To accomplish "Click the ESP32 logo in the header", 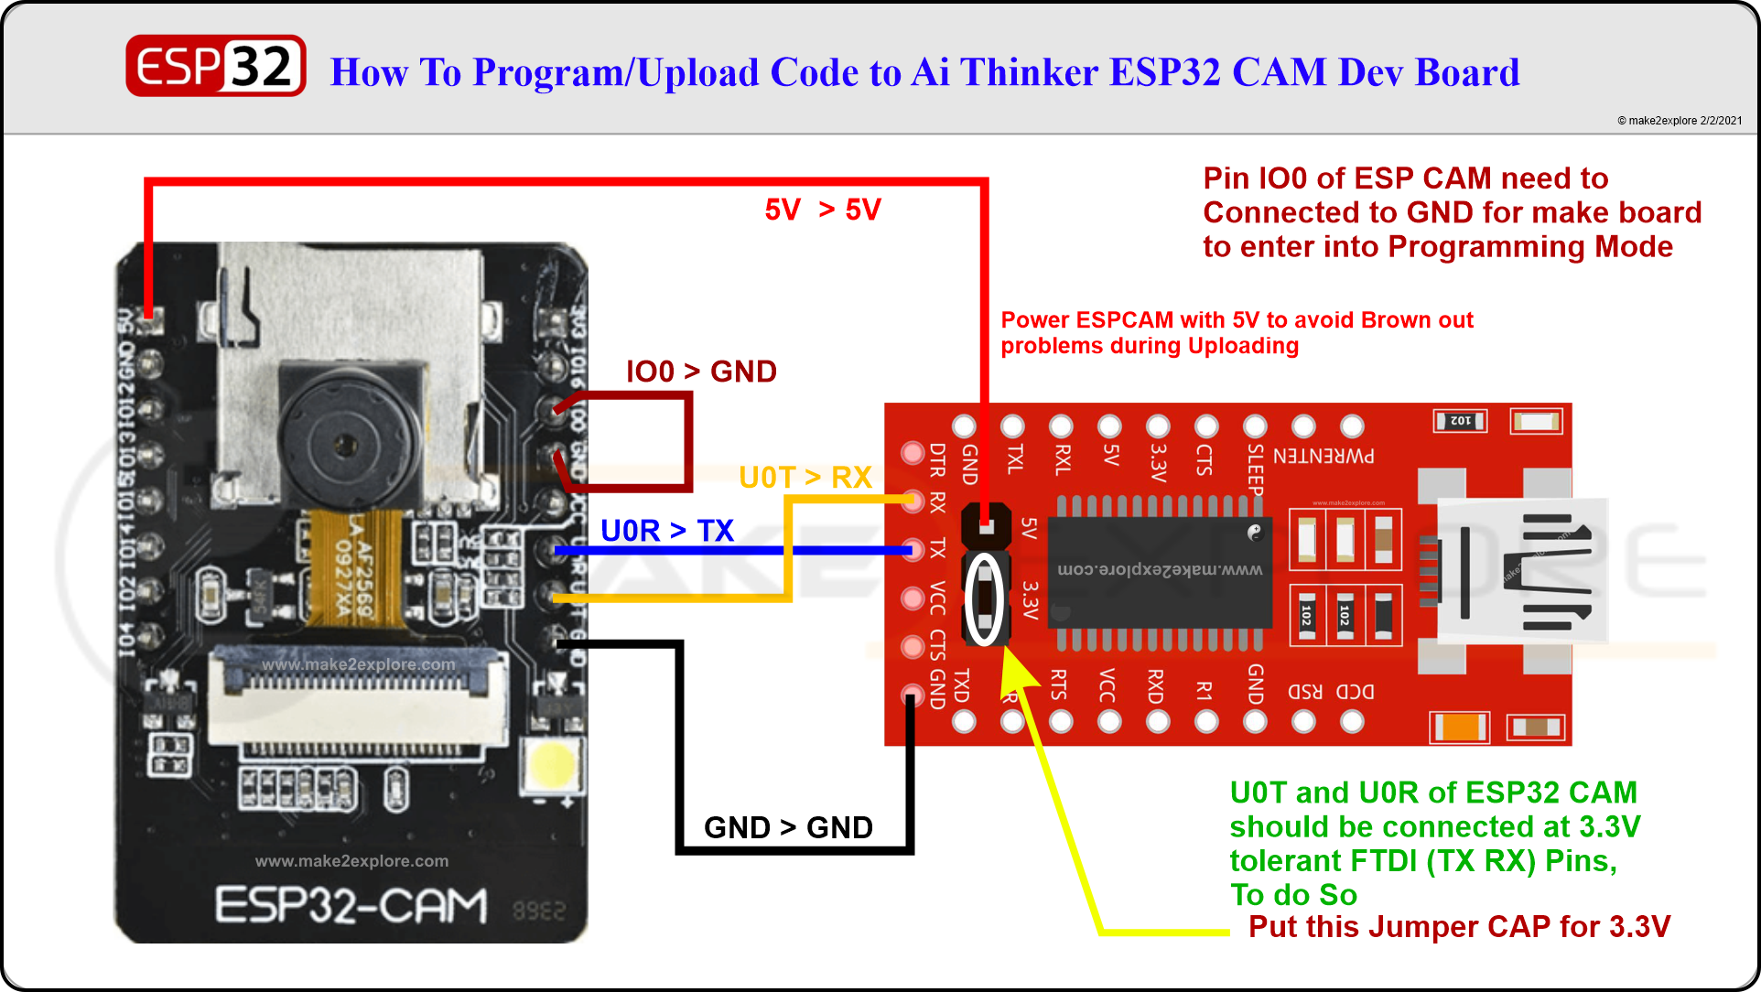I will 216,66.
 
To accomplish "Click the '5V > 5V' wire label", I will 822,210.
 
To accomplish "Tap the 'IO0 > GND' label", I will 701,372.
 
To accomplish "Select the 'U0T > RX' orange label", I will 805,478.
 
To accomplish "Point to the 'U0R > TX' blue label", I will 666,531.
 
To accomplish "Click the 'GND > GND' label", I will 788,827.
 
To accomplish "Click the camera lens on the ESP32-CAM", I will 345,446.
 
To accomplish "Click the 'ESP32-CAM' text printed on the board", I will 351,905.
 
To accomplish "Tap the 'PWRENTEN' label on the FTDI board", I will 1323,456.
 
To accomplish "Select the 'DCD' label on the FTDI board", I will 1355,692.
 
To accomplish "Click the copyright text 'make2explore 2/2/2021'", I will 1680,121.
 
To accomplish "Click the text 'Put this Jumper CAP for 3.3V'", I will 1459,927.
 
